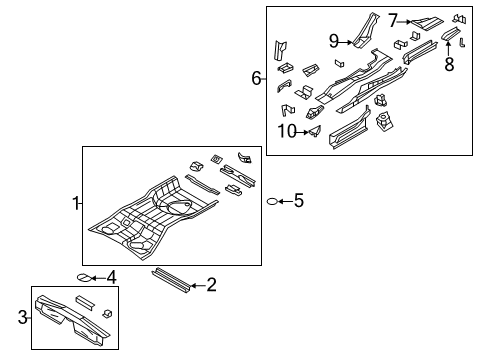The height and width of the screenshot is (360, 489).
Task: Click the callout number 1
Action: tap(75, 203)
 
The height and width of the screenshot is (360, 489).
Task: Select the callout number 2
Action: tap(211, 286)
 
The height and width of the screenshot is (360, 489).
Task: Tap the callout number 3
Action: tap(23, 317)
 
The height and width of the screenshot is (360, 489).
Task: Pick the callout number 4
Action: tap(111, 277)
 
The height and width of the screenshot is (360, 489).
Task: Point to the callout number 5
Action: tap(298, 201)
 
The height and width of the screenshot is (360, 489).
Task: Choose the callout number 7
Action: tap(394, 20)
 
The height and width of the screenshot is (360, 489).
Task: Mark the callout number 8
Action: tap(449, 65)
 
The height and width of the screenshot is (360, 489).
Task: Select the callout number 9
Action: tap(334, 41)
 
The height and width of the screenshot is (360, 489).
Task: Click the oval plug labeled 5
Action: tap(270, 202)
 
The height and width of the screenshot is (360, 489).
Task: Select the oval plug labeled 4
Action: tap(84, 278)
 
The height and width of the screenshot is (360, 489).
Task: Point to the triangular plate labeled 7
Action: tap(428, 20)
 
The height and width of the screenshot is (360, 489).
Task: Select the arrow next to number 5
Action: tap(284, 202)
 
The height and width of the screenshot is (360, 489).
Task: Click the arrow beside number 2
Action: tap(196, 286)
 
